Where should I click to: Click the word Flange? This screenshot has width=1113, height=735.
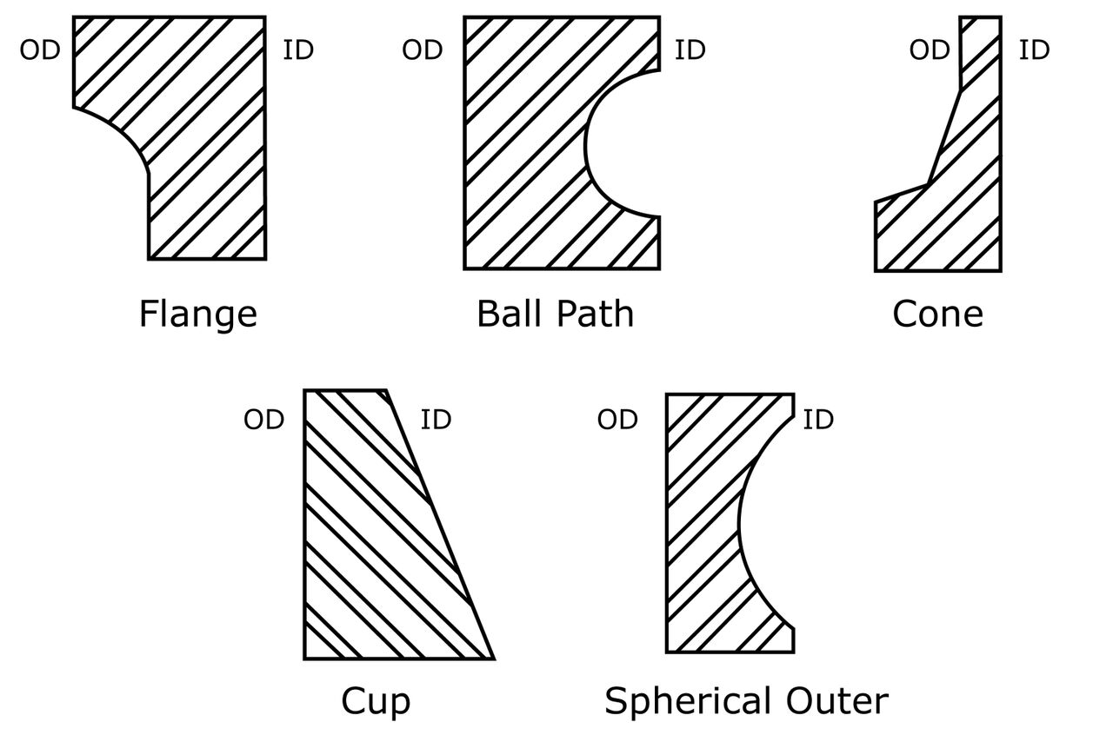pos(197,314)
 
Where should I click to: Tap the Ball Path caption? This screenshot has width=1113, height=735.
pos(555,314)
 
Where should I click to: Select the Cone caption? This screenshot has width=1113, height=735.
pos(937,314)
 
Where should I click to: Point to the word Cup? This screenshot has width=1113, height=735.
pos(376,701)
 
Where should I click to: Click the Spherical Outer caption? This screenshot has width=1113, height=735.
pos(746,701)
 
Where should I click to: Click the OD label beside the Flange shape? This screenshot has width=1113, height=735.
pos(40,50)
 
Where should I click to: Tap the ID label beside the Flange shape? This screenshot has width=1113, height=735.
pos(298,50)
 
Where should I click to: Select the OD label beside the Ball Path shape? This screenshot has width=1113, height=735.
pos(423,50)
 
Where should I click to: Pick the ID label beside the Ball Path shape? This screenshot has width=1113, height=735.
pos(690,50)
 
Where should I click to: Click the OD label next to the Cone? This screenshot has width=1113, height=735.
pos(930,50)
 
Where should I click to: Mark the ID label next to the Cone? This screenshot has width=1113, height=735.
pos(1034,50)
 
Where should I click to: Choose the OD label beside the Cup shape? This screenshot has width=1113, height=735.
pos(264,420)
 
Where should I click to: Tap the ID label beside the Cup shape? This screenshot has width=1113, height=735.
pos(436,420)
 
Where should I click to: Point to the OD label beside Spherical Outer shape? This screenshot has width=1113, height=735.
pos(617,420)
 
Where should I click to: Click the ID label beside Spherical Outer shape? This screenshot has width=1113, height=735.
pos(817,420)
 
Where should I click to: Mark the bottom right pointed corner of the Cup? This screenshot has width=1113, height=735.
pos(492,658)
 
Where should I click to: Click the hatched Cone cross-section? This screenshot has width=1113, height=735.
pos(965,200)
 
